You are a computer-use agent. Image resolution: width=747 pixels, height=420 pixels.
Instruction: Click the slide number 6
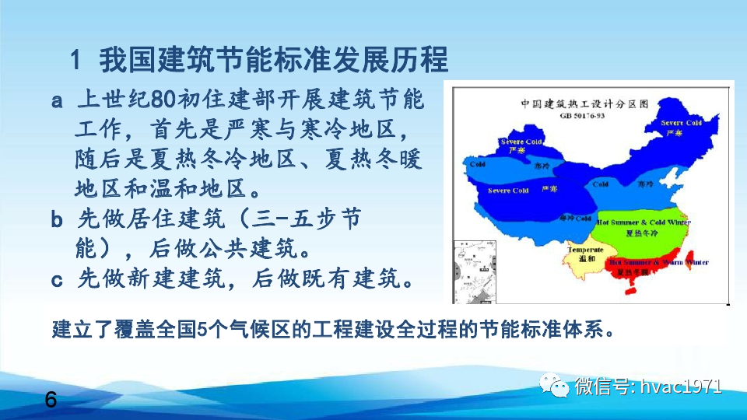(51, 401)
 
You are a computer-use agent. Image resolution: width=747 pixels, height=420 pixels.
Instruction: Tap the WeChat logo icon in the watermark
(558, 387)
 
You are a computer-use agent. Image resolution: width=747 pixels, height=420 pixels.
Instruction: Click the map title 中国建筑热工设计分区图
(584, 103)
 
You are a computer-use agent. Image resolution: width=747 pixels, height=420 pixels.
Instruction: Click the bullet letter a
(58, 102)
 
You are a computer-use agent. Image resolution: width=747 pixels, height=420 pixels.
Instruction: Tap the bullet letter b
(58, 220)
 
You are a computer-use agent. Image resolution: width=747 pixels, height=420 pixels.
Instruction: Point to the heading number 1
(76, 58)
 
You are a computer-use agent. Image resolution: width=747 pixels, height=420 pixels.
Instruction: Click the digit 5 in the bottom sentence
(202, 327)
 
